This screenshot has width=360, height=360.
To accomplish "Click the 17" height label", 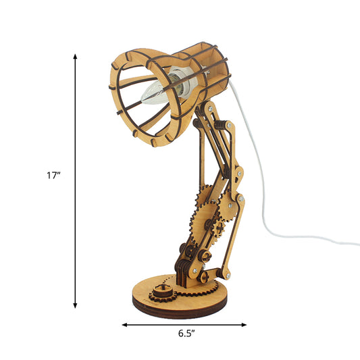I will click(53, 175).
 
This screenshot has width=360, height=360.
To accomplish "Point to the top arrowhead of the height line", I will click(76, 57).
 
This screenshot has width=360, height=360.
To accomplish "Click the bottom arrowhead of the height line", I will click(76, 305).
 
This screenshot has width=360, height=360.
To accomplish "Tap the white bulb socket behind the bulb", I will click(182, 82).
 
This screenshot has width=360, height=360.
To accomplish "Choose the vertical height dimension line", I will click(76, 203).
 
